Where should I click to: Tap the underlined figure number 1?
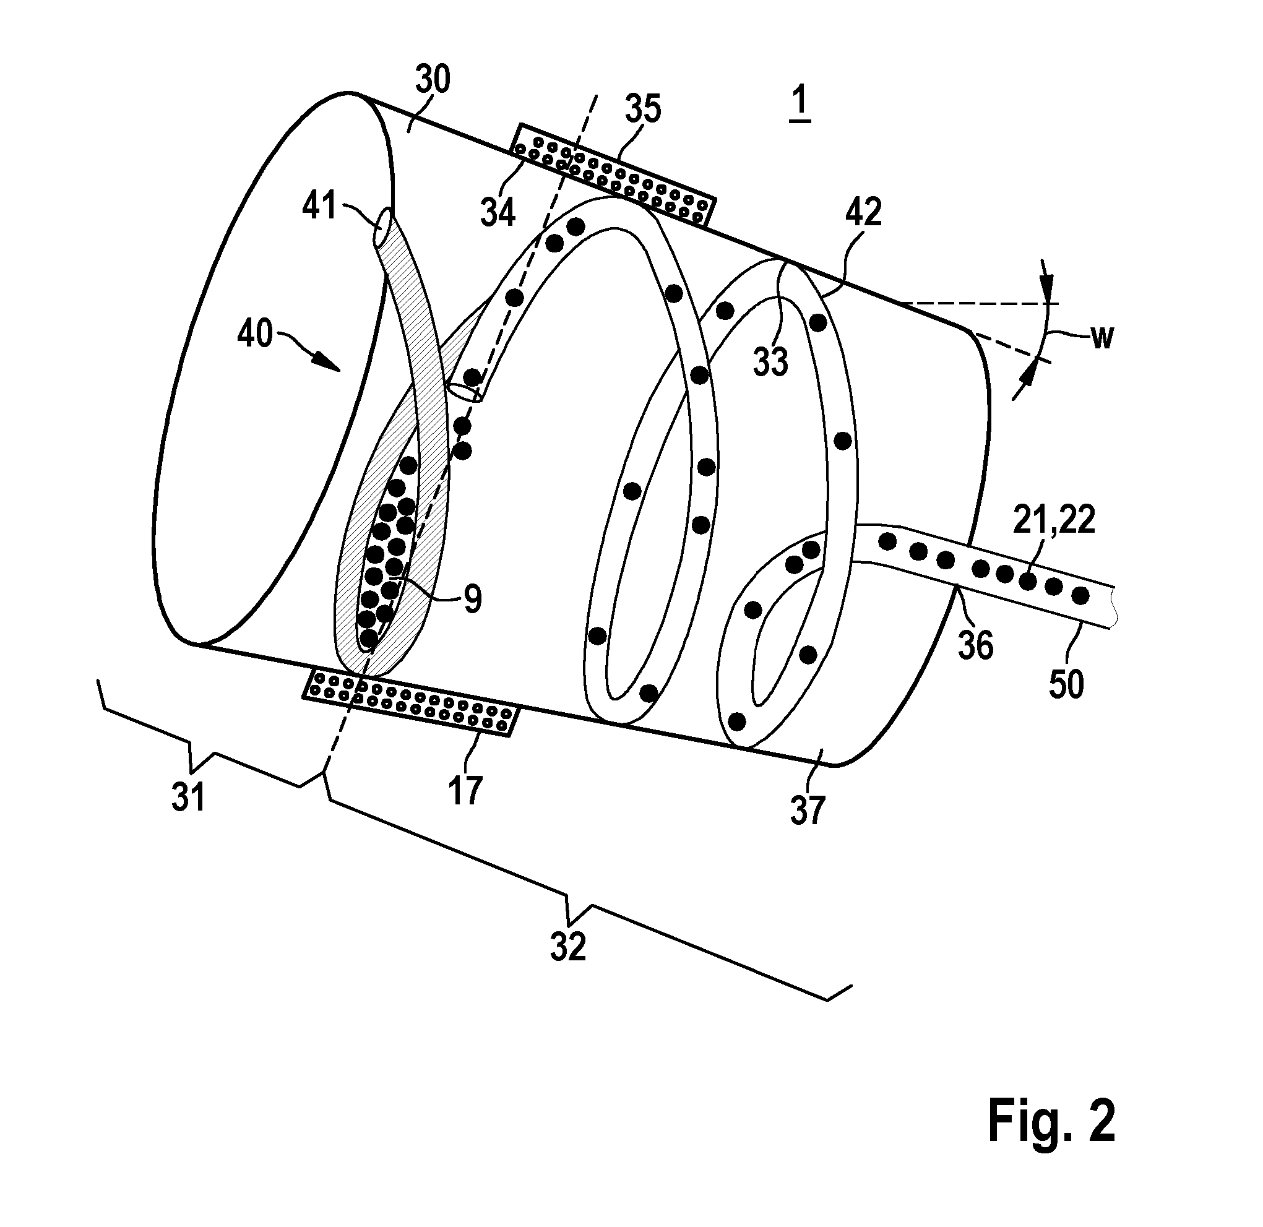[800, 103]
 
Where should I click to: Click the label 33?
[770, 361]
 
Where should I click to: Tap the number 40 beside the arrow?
[256, 335]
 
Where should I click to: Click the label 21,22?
[1054, 520]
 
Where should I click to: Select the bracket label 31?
[188, 798]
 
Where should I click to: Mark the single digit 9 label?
[472, 600]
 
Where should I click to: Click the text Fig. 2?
[1051, 1122]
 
